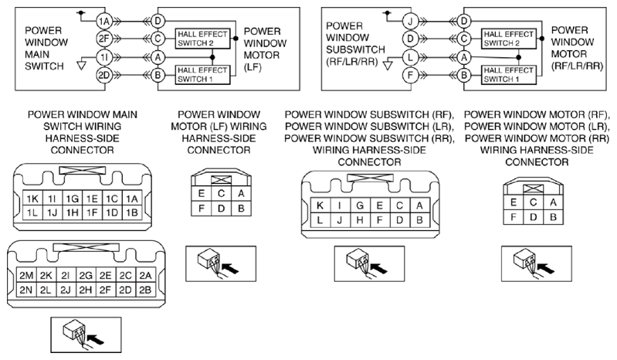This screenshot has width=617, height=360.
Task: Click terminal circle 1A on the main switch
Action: point(105,21)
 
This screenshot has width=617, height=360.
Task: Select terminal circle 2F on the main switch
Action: point(105,39)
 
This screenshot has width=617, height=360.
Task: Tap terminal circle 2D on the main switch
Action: point(105,75)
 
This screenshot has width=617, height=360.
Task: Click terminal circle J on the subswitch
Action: point(410,21)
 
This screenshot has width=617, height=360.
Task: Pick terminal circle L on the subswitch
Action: point(410,57)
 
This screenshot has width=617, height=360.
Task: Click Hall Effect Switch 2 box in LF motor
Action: point(202,39)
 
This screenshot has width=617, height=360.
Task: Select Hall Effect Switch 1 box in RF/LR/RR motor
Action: point(509,75)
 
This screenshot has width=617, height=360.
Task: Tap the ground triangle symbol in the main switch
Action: point(81,65)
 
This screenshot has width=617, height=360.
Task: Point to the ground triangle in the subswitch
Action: point(388,65)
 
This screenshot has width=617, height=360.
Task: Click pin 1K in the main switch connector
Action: point(32,199)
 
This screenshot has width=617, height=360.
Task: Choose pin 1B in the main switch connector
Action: point(132,213)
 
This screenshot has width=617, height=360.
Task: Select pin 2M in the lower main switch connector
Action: point(26,276)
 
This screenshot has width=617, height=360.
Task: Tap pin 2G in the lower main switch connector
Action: point(86,276)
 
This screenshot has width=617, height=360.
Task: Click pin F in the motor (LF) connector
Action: point(201,208)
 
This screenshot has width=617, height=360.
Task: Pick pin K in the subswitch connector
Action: point(320,205)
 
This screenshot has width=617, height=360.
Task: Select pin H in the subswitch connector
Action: point(360,220)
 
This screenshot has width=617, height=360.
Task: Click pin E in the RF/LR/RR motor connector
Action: point(513,202)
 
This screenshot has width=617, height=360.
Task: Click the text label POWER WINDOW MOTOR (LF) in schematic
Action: point(265,49)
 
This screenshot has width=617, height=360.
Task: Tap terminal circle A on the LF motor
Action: point(158,57)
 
